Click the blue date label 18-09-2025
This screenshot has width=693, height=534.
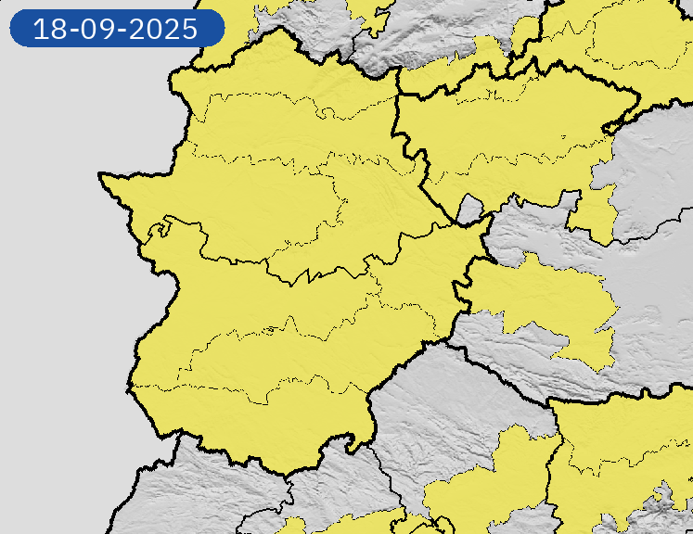pyautogui.click(x=116, y=28)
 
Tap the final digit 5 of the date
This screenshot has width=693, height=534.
pyautogui.click(x=189, y=29)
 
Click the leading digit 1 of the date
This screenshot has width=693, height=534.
pyautogui.click(x=39, y=29)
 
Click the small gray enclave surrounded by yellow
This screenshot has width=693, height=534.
pyautogui.click(x=469, y=209)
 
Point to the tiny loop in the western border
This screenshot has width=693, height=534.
pyautogui.click(x=163, y=223)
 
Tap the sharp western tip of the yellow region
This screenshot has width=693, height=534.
pyautogui.click(x=103, y=175)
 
